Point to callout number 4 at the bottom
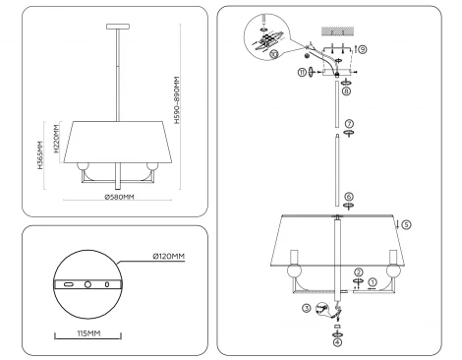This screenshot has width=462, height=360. pos(337,342)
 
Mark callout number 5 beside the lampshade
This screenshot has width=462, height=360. pos(407,224)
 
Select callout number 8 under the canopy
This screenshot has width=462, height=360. pos(347,90)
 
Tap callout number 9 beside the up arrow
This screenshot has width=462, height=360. pos(362,48)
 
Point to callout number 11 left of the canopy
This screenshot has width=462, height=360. pos(303,73)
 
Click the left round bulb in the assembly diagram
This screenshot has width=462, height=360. pos(291,269)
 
